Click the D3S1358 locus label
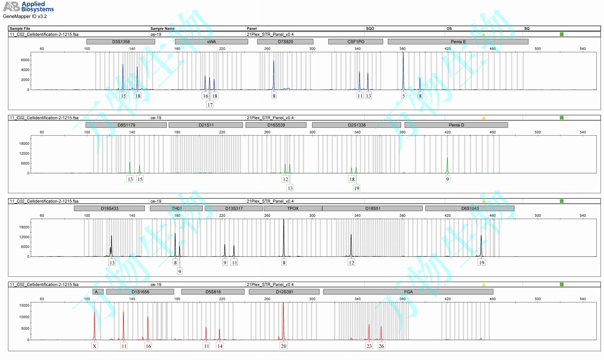pos(121,42)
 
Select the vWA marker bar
pos(211,42)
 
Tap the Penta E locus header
pos(458,42)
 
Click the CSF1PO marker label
pos(355,42)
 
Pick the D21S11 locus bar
pos(206,125)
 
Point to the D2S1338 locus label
pos(356,125)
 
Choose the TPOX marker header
pos(293,209)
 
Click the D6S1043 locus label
pos(470,209)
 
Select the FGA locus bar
pos(408,292)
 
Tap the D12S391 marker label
pos(284,292)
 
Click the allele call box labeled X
pos(94,346)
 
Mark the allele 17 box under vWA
pos(210,105)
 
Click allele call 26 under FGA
pos(381,346)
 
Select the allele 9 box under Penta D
pos(447,179)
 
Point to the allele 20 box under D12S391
pos(284,346)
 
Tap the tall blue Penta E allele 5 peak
pos(403,67)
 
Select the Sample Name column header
pos(162,28)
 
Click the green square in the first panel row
pos(562,34)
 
